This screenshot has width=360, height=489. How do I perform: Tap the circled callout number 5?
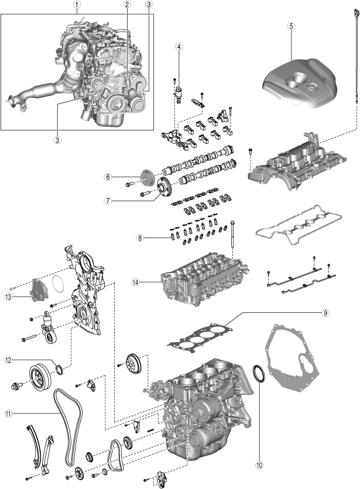click(292, 26)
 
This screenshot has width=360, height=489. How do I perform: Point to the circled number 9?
click(325, 313)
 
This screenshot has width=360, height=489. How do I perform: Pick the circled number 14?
click(136, 283)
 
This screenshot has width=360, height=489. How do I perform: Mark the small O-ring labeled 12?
click(59, 369)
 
